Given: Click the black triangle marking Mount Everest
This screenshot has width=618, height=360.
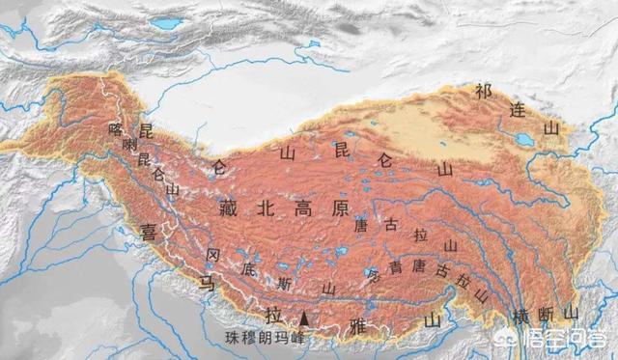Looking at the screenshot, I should (305, 318).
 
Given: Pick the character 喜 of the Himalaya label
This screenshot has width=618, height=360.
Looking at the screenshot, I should (149, 232).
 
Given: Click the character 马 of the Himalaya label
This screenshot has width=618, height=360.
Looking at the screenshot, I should (205, 283).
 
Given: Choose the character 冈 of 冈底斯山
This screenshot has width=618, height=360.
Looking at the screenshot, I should (213, 255).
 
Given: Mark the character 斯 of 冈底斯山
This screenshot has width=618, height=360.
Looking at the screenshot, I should (283, 284).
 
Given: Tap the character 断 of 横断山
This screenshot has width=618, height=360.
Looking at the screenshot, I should (546, 314).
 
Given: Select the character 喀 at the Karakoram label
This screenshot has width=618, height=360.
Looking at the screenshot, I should (116, 128).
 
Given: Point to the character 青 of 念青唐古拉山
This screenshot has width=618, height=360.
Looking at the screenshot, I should (394, 266).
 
